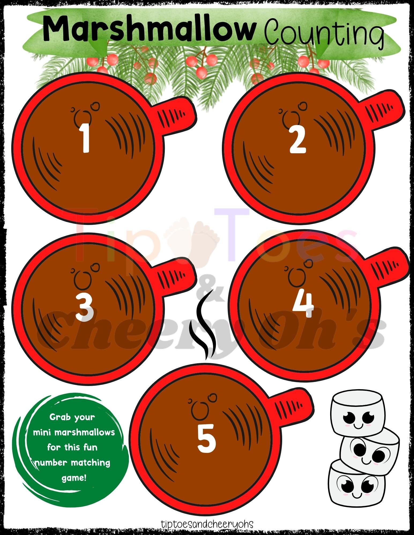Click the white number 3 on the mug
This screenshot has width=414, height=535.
pyautogui.click(x=84, y=306)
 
